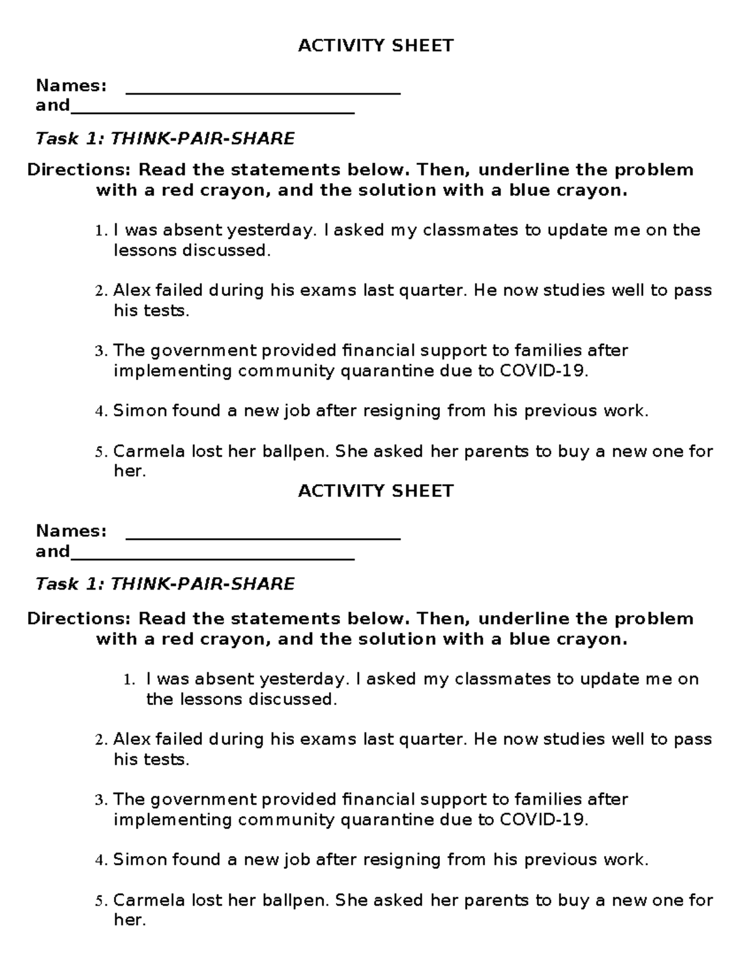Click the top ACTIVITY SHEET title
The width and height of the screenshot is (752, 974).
(x=375, y=46)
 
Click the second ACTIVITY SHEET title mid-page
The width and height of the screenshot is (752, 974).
(x=375, y=491)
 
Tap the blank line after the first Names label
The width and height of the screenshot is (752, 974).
(x=263, y=93)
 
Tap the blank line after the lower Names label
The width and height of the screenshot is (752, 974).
(x=263, y=537)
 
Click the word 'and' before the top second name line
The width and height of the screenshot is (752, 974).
(x=53, y=105)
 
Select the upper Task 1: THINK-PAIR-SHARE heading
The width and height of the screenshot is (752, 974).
(x=165, y=139)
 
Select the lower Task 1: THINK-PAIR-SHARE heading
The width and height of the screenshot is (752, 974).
(x=165, y=585)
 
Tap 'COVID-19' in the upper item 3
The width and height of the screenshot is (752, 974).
(x=543, y=371)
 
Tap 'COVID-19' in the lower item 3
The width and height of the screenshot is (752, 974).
(x=543, y=820)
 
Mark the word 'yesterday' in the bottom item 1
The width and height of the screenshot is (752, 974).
(x=302, y=679)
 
